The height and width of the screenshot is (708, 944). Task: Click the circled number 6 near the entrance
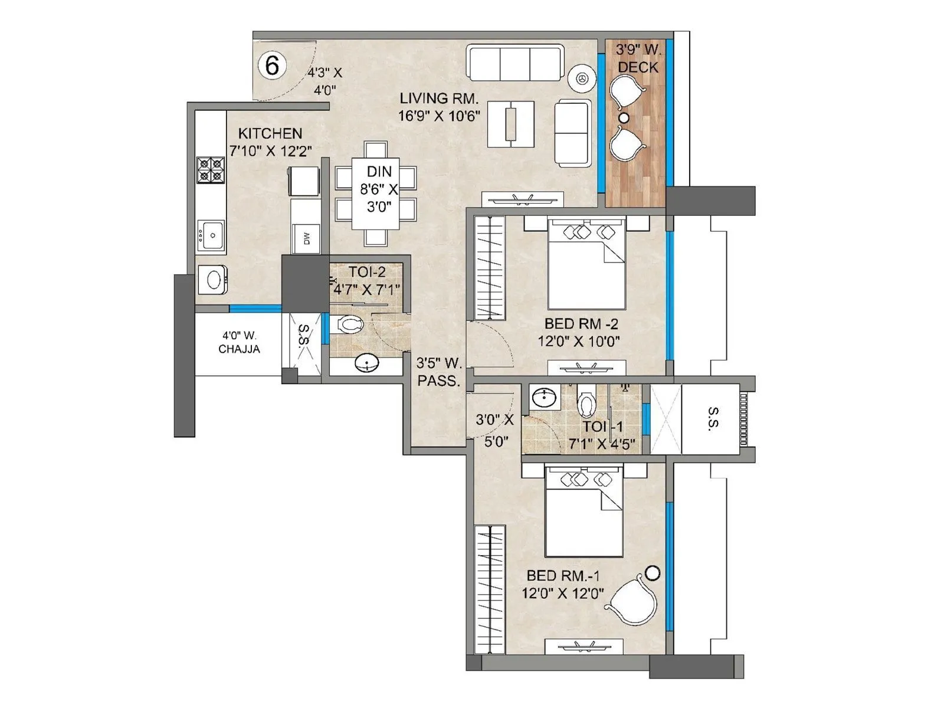(x=272, y=65)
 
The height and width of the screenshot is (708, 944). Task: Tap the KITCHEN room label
(x=270, y=133)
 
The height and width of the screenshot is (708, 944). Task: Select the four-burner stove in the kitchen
(x=211, y=169)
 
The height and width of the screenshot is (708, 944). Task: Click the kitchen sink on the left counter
(x=211, y=235)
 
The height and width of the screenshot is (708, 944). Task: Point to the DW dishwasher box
(x=306, y=238)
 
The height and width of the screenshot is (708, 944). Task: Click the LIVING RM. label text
(x=439, y=98)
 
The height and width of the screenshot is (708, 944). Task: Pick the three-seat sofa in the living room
(x=514, y=62)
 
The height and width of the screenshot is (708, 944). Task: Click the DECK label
(x=638, y=68)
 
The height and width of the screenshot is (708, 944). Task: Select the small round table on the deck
(x=624, y=118)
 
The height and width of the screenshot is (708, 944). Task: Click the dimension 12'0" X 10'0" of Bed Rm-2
(x=579, y=341)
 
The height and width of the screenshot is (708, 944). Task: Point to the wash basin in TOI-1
(x=543, y=398)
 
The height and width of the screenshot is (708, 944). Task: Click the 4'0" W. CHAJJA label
(x=239, y=343)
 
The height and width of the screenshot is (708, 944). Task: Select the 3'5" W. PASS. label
(x=439, y=372)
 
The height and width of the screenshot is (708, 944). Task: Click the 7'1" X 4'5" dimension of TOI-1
(x=602, y=444)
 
